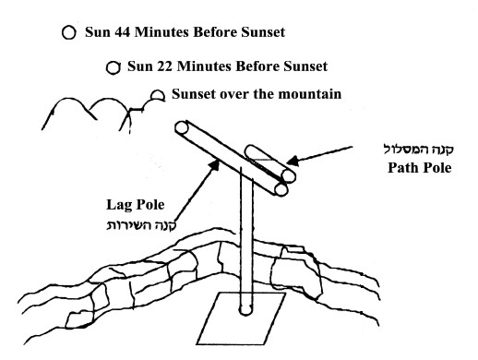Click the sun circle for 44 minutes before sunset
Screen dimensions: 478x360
coord(68,32)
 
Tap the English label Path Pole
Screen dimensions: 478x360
coord(420,168)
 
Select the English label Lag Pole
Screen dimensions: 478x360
coord(136,205)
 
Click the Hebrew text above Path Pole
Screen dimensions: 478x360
coord(419,150)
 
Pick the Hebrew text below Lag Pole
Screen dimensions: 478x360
coord(141,225)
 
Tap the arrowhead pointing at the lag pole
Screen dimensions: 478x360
coord(215,165)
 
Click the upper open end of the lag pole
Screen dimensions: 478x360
coord(182,127)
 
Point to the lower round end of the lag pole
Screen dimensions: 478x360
coord(281,189)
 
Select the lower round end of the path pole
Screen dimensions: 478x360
coord(289,176)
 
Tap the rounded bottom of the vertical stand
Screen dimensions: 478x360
coord(245,309)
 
